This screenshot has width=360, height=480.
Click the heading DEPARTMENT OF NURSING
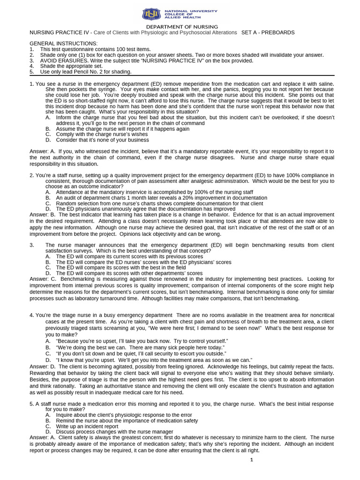click(x=180, y=27)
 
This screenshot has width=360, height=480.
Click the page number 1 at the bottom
click(x=251, y=460)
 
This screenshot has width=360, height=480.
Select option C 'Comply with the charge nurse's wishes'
click(x=102, y=134)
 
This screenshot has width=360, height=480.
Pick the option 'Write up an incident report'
click(x=87, y=426)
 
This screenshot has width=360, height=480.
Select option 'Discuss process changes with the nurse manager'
click(x=114, y=432)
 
